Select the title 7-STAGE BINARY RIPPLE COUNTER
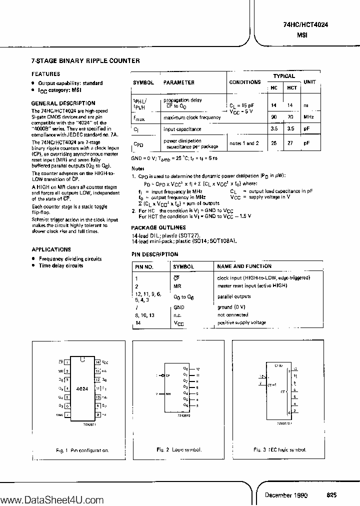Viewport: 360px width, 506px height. coord(85,61)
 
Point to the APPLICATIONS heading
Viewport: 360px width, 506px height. coord(51,249)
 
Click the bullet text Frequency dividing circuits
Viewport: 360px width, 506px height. coord(70,259)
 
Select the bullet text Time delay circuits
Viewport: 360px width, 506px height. coord(61,265)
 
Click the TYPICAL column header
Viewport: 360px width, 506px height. coord(283,76)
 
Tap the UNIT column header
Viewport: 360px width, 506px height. coord(309,81)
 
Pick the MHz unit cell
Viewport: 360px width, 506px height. coord(308,117)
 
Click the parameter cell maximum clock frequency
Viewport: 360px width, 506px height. coord(192,117)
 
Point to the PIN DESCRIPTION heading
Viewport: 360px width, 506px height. coord(154,254)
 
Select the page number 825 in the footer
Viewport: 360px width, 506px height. coord(331,494)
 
